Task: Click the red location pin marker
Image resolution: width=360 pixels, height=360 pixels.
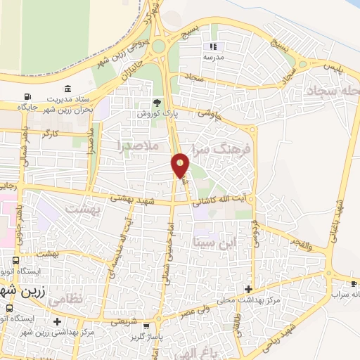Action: [181, 165]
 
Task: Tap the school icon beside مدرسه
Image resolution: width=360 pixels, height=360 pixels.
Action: [214, 46]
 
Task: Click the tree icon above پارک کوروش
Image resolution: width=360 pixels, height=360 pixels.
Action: [157, 102]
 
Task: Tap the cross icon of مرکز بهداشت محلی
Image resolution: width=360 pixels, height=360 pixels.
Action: [248, 289]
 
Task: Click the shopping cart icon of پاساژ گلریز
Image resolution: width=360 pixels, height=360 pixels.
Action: [146, 326]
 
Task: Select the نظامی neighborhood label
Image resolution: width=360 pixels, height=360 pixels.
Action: [68, 298]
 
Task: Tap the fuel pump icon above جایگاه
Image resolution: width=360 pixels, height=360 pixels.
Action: [27, 97]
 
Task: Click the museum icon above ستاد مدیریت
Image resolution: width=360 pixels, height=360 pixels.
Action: [67, 89]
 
